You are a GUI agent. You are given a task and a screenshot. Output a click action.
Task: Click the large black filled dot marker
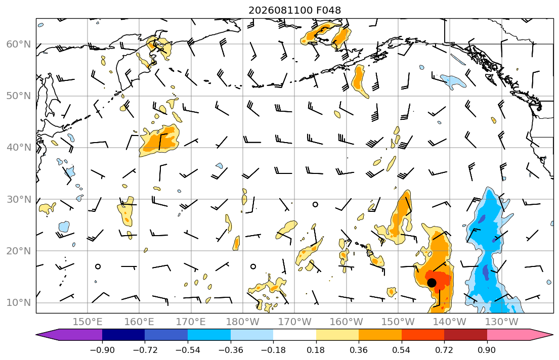(x=432, y=283)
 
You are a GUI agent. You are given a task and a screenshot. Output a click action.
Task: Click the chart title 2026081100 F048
(x=294, y=10)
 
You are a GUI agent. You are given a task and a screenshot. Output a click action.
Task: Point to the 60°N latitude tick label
(x=19, y=44)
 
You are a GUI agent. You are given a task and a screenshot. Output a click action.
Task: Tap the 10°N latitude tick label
(x=19, y=303)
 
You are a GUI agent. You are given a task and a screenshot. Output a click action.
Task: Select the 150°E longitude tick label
(x=88, y=322)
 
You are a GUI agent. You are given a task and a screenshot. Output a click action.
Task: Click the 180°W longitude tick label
(x=243, y=322)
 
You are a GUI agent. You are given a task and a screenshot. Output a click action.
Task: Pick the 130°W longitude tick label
(x=502, y=322)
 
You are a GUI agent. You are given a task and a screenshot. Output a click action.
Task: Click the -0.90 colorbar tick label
(x=102, y=350)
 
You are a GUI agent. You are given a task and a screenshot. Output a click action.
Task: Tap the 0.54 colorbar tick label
(x=402, y=350)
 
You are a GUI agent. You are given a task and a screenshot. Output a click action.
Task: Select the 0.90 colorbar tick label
(x=487, y=350)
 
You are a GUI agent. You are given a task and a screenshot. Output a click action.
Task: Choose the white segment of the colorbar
(x=294, y=335)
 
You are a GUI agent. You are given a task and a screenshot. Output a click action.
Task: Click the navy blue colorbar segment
(x=123, y=335)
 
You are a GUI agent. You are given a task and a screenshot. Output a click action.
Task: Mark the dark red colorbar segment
(x=465, y=335)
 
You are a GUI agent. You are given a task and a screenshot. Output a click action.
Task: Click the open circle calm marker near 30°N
(x=315, y=205)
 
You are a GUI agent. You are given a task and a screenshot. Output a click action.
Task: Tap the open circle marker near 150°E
(x=98, y=266)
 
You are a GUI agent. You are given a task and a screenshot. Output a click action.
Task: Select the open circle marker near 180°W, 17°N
(x=253, y=266)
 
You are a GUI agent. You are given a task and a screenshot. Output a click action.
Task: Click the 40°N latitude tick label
(x=19, y=148)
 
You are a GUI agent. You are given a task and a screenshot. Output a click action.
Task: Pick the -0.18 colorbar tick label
(x=274, y=350)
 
